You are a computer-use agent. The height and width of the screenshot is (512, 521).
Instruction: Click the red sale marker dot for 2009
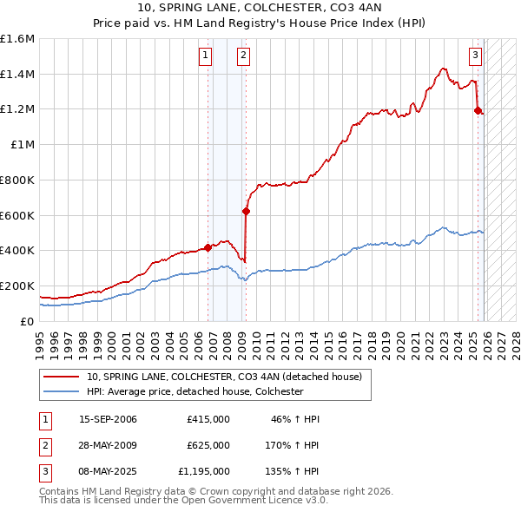pos(246,211)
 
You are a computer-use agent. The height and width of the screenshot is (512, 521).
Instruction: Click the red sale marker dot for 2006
pos(208,247)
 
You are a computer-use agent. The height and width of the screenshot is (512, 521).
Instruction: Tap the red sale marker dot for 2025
pos(478,110)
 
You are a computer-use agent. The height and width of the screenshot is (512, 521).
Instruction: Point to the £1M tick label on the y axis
pos(22,145)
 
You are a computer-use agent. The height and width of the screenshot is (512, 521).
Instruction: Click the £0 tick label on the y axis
pos(28,321)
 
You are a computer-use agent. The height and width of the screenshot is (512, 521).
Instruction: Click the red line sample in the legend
pos(63,377)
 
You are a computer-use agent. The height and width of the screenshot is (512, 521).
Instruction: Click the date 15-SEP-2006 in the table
pos(108,419)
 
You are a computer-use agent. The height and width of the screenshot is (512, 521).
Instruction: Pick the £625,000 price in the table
pos(208,445)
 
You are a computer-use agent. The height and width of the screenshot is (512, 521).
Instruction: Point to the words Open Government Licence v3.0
pos(261,501)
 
